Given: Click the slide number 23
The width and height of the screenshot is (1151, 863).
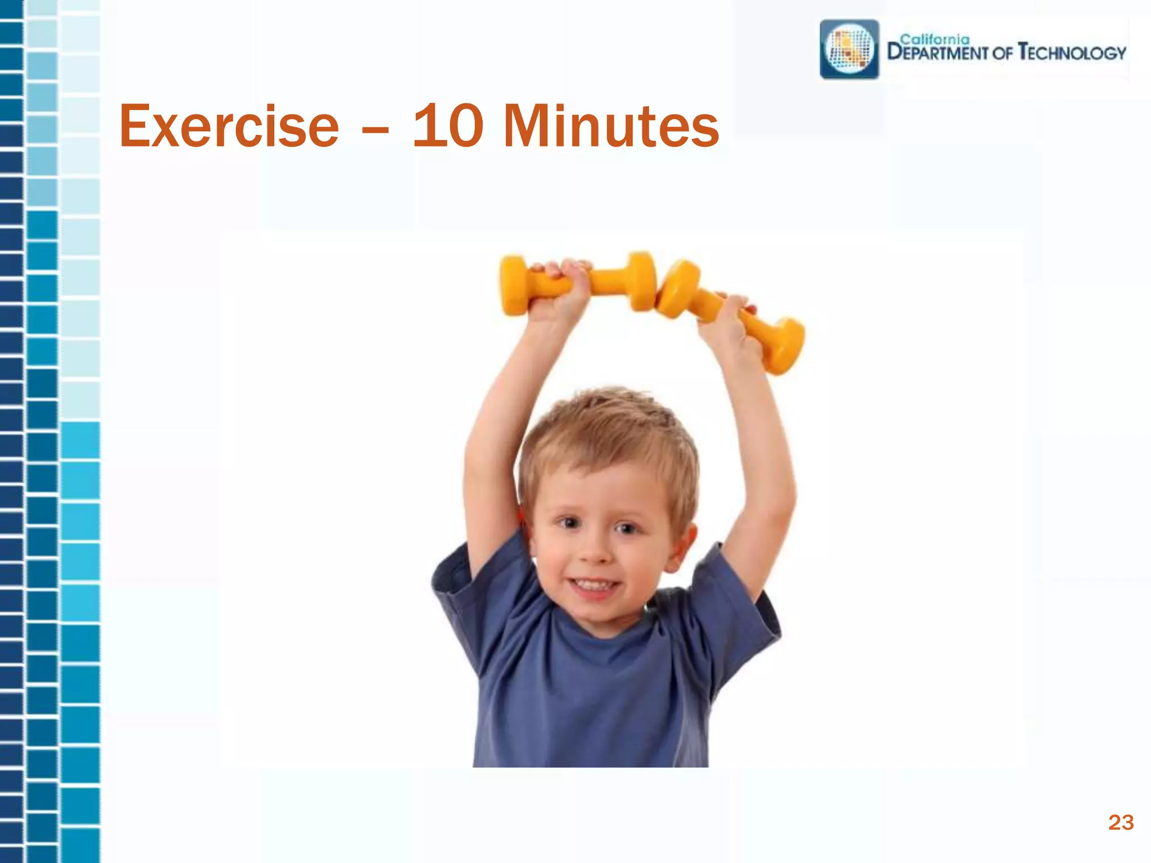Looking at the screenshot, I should click(x=1121, y=823).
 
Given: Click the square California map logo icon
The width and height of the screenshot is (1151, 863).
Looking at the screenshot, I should click(x=849, y=49).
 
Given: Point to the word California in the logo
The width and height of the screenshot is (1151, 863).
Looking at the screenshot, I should click(x=935, y=39).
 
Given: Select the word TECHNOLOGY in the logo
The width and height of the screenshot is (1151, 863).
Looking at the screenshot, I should click(x=1072, y=53).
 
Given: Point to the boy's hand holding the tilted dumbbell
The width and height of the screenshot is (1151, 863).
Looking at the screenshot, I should click(x=725, y=320).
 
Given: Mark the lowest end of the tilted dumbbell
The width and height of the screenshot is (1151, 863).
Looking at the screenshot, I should click(x=784, y=348).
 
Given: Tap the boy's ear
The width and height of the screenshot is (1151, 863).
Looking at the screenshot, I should click(x=684, y=542).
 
